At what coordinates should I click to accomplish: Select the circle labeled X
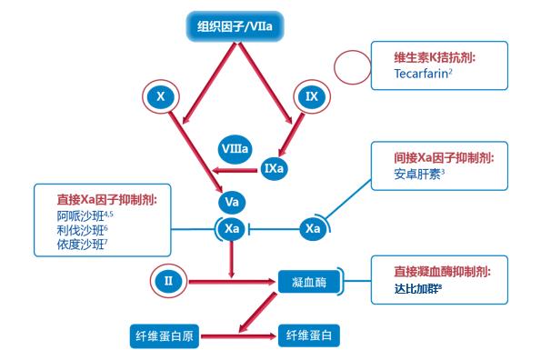[160, 95]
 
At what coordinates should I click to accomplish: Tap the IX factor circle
[311, 95]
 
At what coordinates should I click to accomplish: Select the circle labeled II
[168, 280]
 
